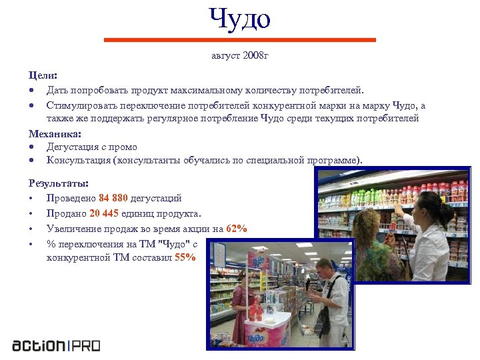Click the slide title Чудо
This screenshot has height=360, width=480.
240,19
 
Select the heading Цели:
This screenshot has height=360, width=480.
43,77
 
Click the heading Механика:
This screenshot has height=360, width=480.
54,134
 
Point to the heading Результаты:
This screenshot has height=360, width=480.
59,183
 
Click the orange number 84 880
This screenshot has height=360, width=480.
113,198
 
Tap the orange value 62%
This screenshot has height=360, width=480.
237,229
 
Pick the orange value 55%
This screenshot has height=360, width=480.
185,257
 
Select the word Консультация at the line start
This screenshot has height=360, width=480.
78,160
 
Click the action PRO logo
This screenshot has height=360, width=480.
56,345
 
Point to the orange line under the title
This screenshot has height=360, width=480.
240,40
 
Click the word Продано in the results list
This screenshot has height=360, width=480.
66,213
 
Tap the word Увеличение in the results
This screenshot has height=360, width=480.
73,229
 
